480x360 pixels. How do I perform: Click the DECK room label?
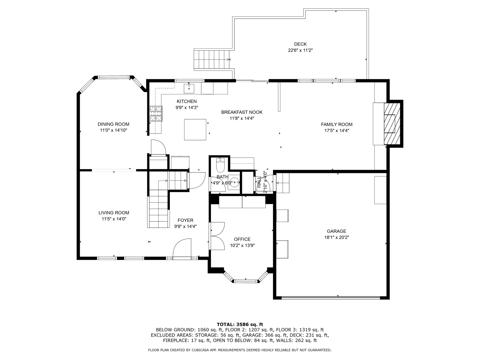click(x=300, y=44)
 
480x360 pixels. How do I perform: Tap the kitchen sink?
click(x=189, y=88)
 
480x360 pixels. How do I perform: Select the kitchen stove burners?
click(x=156, y=113)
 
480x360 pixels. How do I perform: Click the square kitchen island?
click(x=195, y=129)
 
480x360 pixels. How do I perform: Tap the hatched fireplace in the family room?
click(x=392, y=124)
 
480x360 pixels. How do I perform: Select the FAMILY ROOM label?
click(x=337, y=124)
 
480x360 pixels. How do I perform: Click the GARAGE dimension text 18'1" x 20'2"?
click(x=337, y=237)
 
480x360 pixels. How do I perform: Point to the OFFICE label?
click(x=242, y=239)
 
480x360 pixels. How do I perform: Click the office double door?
click(x=217, y=236)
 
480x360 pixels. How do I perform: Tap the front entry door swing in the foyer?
click(x=182, y=249)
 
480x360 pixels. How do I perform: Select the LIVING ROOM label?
click(x=114, y=213)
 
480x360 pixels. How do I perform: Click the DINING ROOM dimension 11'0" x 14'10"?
click(x=113, y=130)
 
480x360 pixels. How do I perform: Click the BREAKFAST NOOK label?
click(x=241, y=112)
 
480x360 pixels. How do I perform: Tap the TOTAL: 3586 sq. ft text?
click(x=240, y=324)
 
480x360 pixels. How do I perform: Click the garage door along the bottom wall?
click(x=331, y=298)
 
